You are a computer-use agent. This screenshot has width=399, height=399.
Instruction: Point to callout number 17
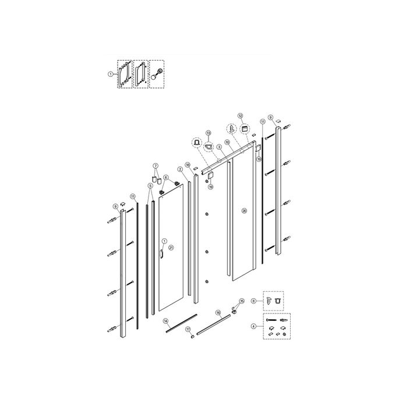tap(188, 329)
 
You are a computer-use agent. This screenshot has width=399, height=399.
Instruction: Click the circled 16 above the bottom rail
tap(218, 313)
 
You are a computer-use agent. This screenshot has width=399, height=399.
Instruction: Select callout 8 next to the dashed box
tap(253, 301)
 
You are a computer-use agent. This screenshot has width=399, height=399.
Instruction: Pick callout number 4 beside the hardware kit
tap(253, 325)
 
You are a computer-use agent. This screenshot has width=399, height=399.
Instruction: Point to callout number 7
tap(156, 166)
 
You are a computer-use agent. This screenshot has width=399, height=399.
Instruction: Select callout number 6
tap(165, 178)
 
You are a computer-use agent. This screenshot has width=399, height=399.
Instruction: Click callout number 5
tap(150, 186)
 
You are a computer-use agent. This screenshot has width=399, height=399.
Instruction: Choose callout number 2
tap(181, 170)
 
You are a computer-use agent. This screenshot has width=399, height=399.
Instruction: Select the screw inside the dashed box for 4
tap(270, 321)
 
